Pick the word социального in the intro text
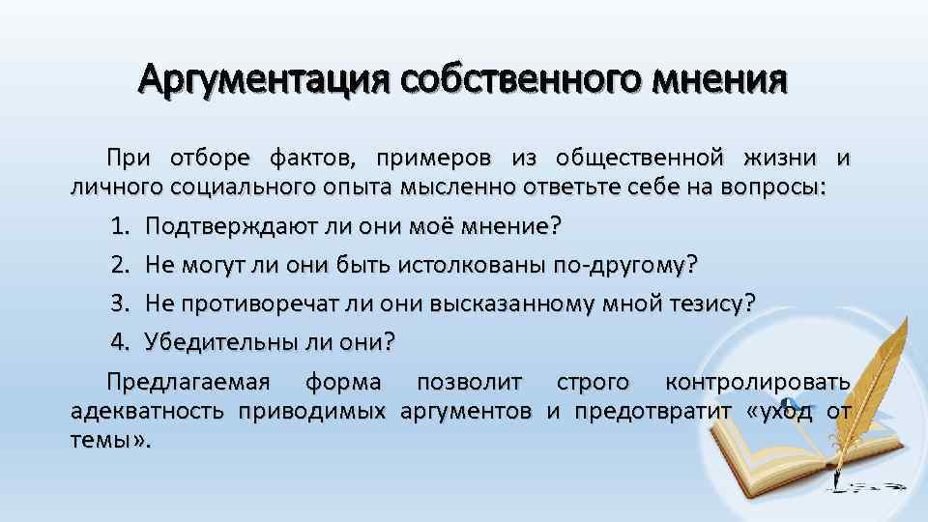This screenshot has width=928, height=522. point(234,187)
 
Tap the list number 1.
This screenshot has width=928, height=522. point(120,226)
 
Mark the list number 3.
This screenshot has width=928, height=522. point(120,303)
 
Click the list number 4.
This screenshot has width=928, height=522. point(120,341)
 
